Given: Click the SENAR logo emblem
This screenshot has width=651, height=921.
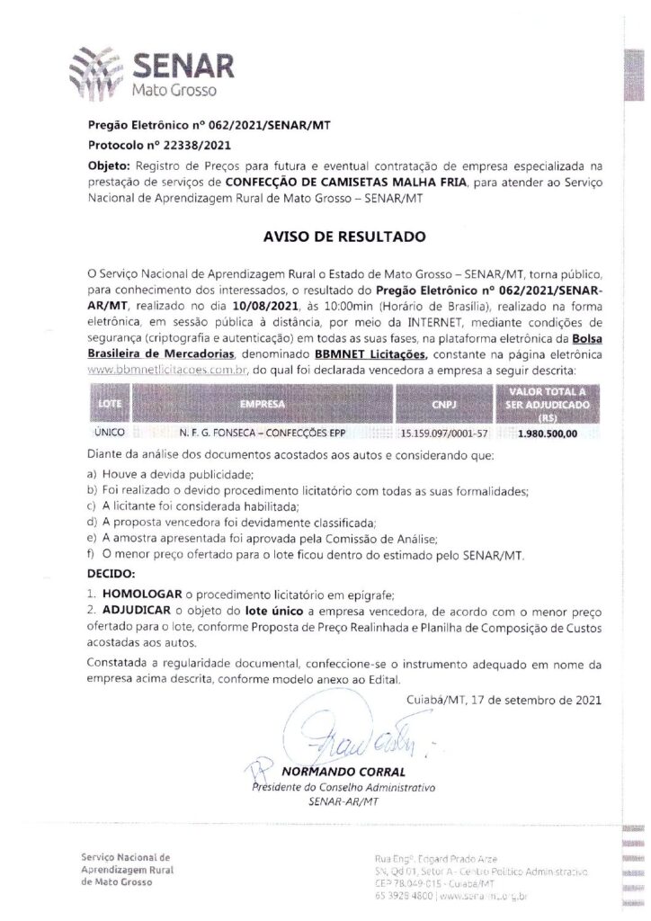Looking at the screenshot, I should click(94, 69).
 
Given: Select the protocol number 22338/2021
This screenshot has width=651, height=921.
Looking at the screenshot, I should click(185, 144).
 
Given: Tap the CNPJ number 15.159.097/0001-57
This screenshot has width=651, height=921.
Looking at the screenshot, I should click(444, 434).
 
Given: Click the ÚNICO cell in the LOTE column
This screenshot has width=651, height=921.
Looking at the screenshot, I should click(110, 434).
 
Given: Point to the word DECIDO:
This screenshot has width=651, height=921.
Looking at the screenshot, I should click(111, 572).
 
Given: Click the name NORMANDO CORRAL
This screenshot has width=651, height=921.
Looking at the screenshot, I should click(331, 773).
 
